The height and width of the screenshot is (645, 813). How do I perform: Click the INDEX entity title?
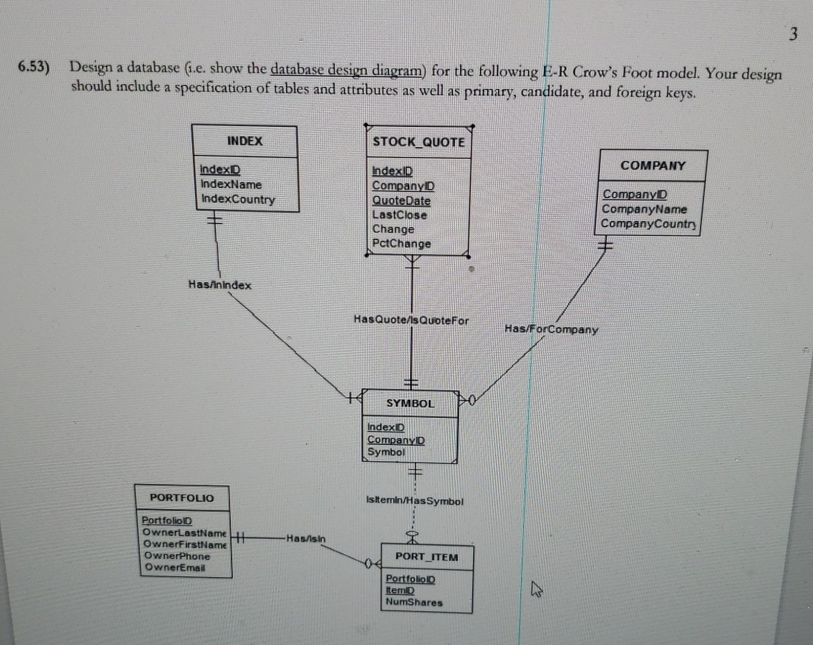point(245,141)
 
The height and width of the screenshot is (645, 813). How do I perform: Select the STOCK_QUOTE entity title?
point(418,142)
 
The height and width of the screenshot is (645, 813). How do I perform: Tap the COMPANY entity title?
point(652,165)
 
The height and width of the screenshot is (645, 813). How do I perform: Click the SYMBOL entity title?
point(410,403)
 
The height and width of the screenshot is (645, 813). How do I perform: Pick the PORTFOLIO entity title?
point(182,498)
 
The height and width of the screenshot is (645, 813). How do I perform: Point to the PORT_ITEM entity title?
point(426,557)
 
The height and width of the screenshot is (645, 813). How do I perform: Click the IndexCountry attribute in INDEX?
point(237,199)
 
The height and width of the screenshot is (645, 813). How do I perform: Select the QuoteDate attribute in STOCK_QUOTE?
point(401,201)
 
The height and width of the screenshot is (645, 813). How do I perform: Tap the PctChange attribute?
point(401,244)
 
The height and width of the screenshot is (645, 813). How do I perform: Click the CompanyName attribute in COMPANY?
point(644,209)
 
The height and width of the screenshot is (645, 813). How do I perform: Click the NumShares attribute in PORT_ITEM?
point(413,603)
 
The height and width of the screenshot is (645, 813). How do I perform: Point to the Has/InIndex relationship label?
point(220,285)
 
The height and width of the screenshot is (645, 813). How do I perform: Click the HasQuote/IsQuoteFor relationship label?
point(411,320)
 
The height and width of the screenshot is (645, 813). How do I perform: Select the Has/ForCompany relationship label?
point(551,329)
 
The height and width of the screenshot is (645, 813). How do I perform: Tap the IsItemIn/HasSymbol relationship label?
point(413,501)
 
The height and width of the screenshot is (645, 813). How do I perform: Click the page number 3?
point(793,33)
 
